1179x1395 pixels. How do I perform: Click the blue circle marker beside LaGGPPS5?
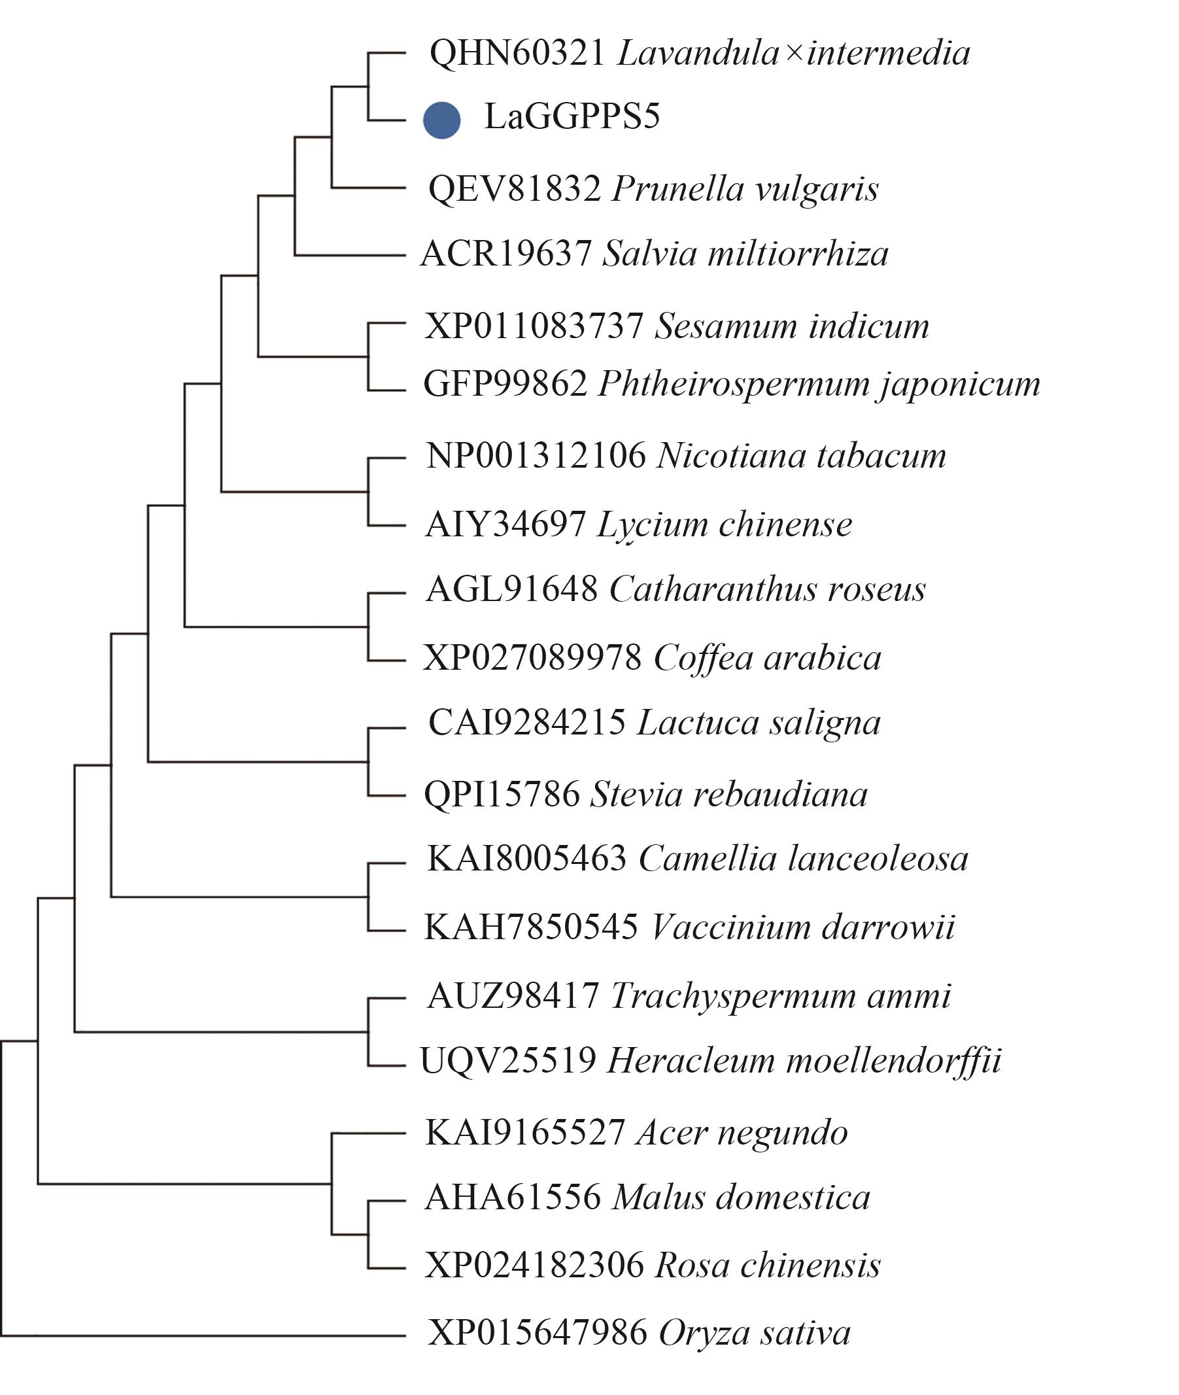442,120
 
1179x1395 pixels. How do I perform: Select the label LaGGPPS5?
572,117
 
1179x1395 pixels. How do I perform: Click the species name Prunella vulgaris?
745,190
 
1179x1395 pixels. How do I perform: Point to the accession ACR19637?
506,254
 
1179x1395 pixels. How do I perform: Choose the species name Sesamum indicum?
792,327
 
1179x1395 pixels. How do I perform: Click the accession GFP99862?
506,385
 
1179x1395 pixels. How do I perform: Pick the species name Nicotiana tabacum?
802,456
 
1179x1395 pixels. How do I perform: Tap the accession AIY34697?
506,525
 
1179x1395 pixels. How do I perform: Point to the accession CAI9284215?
526,723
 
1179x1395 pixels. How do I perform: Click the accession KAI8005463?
526,859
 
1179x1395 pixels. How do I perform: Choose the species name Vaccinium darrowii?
803,928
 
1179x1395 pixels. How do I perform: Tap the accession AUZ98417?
513,997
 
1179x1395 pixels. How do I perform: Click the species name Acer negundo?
742,1133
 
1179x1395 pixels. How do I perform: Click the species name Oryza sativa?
755,1334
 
